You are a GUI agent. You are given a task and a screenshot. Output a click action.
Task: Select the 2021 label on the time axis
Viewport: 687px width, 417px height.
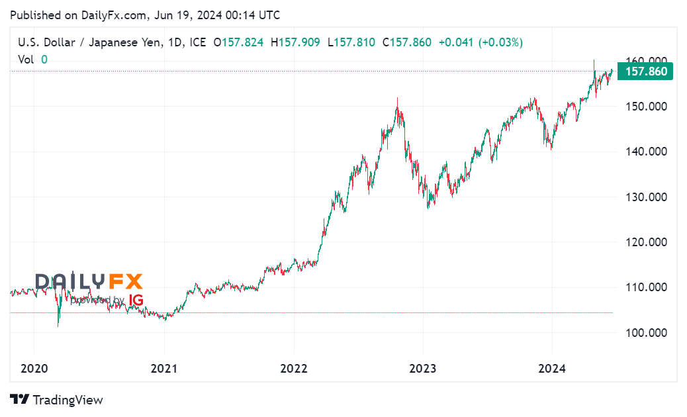[x=164, y=368]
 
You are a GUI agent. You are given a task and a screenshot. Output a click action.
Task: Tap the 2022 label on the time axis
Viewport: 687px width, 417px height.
[x=293, y=368]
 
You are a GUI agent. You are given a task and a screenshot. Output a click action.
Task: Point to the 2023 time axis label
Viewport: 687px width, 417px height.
[x=423, y=368]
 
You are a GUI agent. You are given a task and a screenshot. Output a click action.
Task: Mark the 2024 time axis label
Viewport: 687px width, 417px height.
[x=552, y=368]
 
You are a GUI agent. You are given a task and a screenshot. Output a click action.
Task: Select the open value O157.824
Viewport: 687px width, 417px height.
[x=238, y=42]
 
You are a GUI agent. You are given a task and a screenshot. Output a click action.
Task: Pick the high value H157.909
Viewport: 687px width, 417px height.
[x=295, y=42]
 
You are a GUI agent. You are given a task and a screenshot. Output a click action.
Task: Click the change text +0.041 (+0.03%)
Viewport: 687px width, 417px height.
[x=481, y=42]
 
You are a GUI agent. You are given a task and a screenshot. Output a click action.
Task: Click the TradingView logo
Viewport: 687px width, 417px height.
[x=57, y=400]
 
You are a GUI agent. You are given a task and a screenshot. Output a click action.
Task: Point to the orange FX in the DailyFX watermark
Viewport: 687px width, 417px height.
[x=126, y=282]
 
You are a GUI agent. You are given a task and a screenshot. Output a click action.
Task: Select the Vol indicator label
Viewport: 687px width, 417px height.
[x=26, y=59]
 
